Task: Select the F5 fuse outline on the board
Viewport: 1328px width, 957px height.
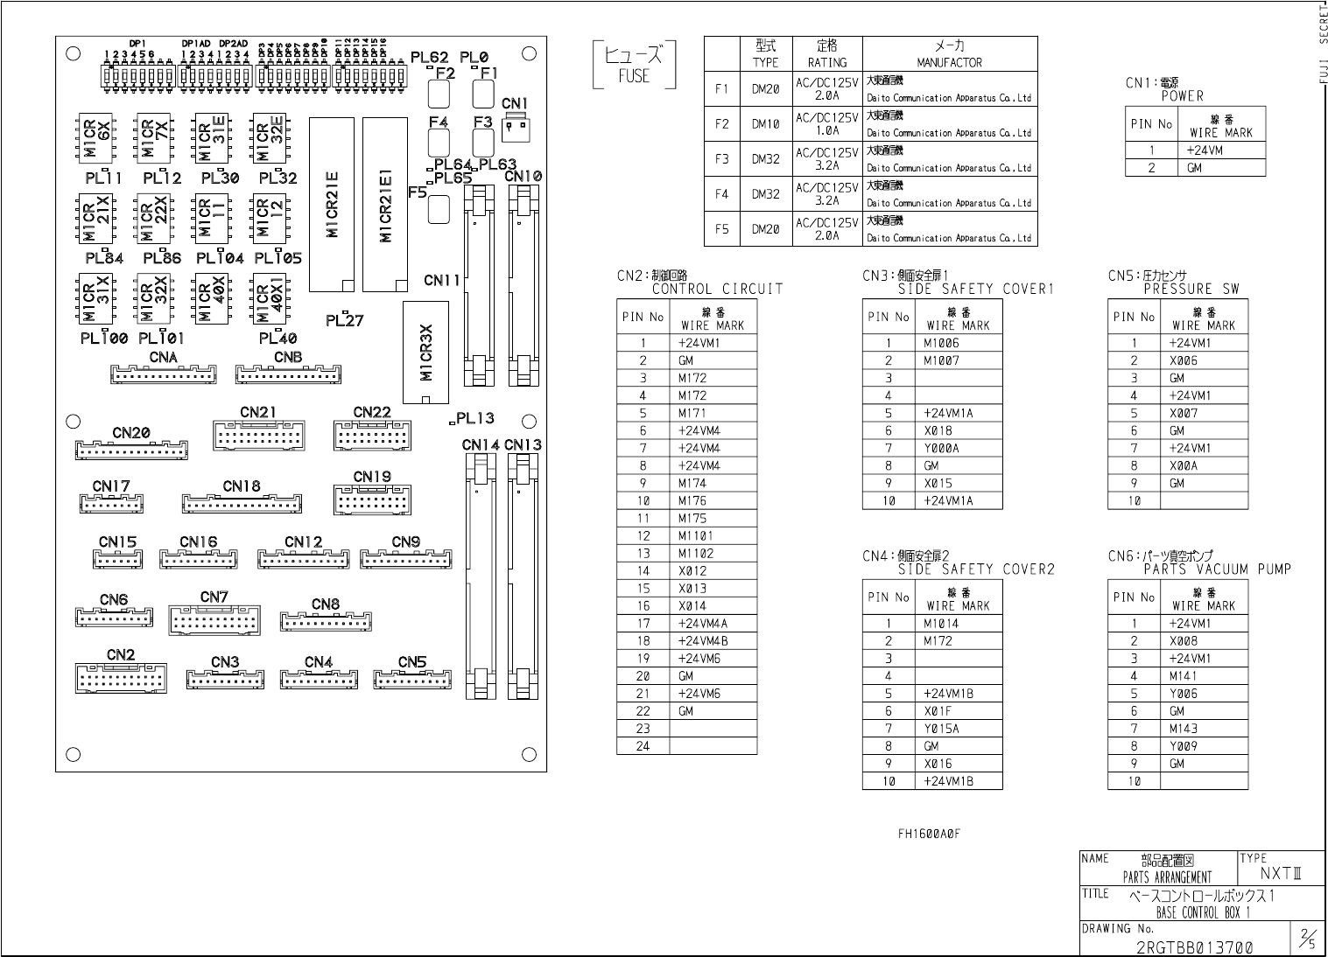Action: [439, 208]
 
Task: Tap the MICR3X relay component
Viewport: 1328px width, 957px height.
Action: [425, 353]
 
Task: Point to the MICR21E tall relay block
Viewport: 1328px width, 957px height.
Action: [332, 206]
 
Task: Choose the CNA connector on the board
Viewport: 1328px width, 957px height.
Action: [163, 374]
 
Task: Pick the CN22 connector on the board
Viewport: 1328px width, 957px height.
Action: [372, 436]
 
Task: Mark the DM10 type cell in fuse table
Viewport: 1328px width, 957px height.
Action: [765, 124]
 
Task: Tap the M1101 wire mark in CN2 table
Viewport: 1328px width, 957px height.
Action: [696, 535]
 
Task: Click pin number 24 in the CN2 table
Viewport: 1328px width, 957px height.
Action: [643, 746]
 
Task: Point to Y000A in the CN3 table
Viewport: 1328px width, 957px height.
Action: [941, 448]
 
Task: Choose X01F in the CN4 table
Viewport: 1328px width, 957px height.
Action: [938, 711]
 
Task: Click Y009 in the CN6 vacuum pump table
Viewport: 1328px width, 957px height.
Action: [1183, 746]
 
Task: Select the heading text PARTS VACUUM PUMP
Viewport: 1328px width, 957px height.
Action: [1217, 569]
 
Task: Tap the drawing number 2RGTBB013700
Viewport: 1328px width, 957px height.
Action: [1194, 947]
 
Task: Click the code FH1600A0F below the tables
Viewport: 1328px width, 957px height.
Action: [929, 834]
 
